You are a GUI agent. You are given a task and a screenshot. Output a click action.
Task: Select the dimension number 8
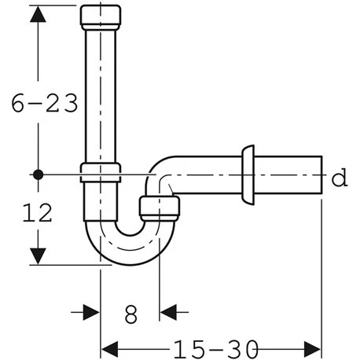tap(130, 314)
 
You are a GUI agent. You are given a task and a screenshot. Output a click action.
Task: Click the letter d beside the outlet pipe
tap(339, 178)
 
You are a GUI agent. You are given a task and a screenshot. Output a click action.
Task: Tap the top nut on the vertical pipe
tap(101, 16)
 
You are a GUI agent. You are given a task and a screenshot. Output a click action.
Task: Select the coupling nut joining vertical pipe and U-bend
tap(101, 172)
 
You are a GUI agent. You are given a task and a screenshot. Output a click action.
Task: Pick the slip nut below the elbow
tap(160, 208)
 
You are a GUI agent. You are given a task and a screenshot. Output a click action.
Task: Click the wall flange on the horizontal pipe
tap(248, 174)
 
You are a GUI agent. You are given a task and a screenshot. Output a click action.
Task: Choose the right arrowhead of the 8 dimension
tap(167, 312)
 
